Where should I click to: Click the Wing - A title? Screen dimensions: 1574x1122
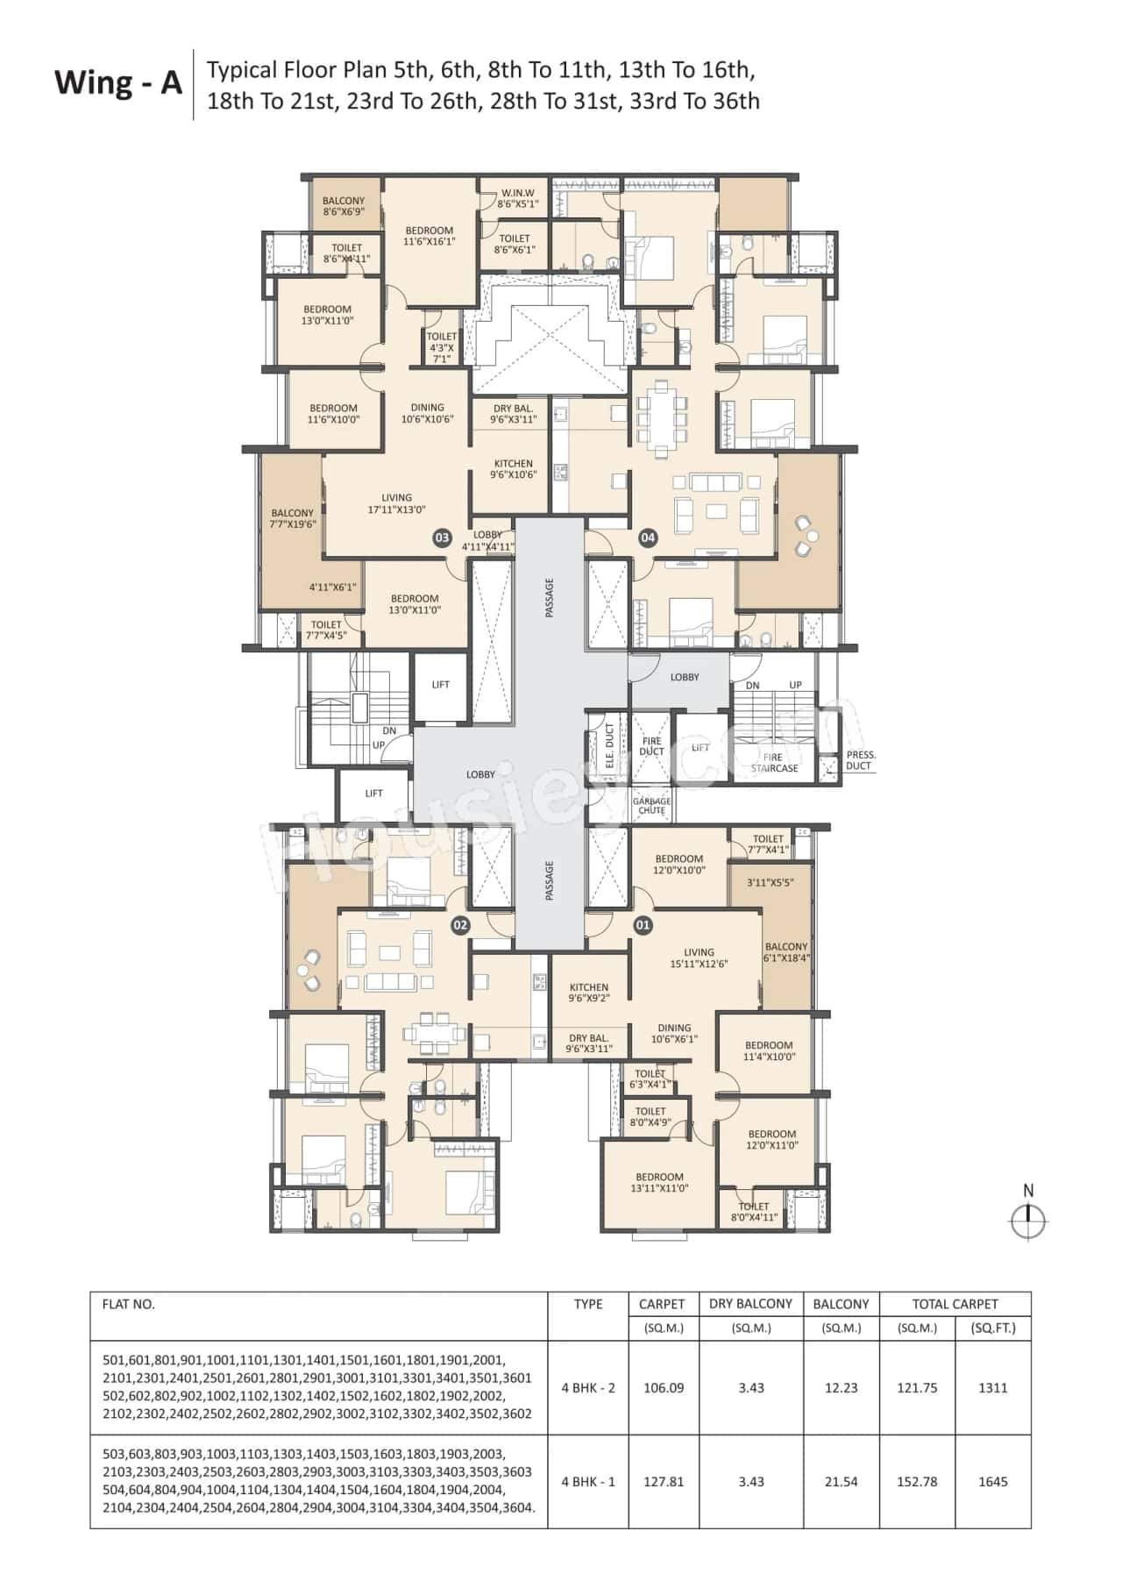[118, 83]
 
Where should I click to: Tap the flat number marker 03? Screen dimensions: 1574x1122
[442, 538]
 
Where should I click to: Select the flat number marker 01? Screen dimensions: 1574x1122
[643, 924]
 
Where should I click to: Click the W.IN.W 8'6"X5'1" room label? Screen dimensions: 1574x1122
[517, 198]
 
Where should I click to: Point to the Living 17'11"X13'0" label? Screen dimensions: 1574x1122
[396, 503]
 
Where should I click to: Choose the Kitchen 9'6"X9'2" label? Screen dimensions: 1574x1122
[588, 993]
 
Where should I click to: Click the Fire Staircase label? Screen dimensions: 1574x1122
[774, 763]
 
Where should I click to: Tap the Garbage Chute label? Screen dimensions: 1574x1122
[651, 806]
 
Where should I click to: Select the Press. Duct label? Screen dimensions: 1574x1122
[860, 760]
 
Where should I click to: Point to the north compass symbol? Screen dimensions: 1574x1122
[1027, 1220]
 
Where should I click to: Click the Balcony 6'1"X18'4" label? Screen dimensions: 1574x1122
[786, 952]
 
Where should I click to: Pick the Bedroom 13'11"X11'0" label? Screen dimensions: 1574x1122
[659, 1183]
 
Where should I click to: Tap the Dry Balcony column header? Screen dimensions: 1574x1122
[750, 1304]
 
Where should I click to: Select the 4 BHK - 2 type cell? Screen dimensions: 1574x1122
[588, 1388]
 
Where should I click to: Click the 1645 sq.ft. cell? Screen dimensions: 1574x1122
[992, 1482]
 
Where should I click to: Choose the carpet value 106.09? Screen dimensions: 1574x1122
[663, 1388]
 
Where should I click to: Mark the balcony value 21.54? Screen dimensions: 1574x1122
[841, 1482]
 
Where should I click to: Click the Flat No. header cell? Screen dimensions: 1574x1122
[129, 1304]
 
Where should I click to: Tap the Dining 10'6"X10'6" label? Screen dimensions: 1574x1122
[428, 413]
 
